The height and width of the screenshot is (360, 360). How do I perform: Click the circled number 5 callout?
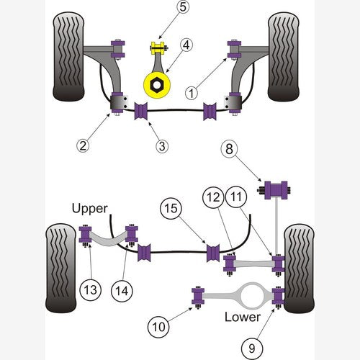[x=183, y=6]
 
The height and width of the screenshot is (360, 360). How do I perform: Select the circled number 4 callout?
[x=186, y=45]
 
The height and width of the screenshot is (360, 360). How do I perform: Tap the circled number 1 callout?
[x=192, y=93]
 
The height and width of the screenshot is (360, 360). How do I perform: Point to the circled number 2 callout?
[x=83, y=145]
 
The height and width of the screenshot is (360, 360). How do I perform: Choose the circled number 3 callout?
[x=162, y=146]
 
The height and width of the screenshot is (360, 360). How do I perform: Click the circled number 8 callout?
[x=229, y=149]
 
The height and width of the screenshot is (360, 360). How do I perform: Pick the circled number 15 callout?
[x=171, y=208]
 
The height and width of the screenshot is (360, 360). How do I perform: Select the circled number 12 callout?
[x=213, y=197]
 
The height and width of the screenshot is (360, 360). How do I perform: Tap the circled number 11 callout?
[x=236, y=197]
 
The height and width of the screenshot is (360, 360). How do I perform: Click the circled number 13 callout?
[x=91, y=289]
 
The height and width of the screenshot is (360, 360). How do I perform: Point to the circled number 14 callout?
[x=122, y=291]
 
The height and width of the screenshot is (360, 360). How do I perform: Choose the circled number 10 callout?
[x=158, y=327]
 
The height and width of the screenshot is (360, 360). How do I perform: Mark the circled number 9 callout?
[x=252, y=348]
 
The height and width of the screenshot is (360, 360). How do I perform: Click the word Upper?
[x=90, y=209]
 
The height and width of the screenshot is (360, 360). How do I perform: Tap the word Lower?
[x=243, y=317]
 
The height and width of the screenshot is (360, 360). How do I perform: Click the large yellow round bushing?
[x=157, y=85]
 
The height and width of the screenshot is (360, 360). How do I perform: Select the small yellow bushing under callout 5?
[x=158, y=48]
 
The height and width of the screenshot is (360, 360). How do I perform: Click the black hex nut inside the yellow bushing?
[x=157, y=84]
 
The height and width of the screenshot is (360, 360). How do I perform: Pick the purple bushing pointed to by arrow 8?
[x=276, y=190]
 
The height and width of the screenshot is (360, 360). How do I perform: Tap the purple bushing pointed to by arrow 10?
[x=198, y=296]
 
